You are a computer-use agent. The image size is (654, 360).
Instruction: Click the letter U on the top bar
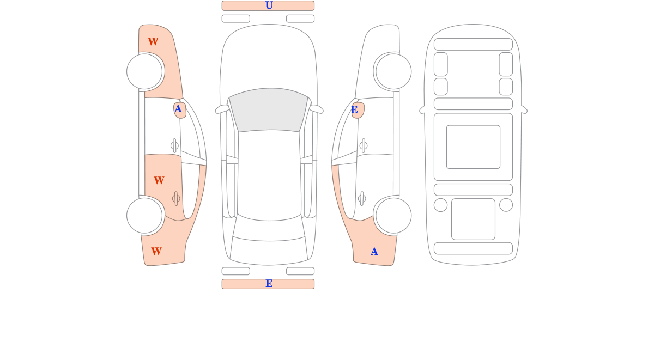pyautogui.click(x=269, y=5)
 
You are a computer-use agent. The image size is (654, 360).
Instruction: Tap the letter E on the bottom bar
pyautogui.click(x=269, y=284)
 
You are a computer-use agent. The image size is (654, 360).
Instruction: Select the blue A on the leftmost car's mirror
pyautogui.click(x=178, y=109)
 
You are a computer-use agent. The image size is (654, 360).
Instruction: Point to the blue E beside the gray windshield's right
pyautogui.click(x=354, y=110)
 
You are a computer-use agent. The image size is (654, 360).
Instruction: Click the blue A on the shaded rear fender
pyautogui.click(x=374, y=252)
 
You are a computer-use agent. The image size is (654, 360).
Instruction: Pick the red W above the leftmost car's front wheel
pyautogui.click(x=153, y=42)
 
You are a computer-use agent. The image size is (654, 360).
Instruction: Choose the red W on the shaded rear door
pyautogui.click(x=159, y=181)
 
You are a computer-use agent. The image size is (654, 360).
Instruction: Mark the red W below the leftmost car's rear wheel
pyautogui.click(x=156, y=252)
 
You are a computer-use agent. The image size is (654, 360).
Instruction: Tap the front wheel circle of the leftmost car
pyautogui.click(x=144, y=71)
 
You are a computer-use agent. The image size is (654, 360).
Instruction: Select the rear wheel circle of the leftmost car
pyautogui.click(x=144, y=216)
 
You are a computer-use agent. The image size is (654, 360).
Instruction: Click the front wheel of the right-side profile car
pyautogui.click(x=393, y=71)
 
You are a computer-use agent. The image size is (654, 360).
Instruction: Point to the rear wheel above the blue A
pyautogui.click(x=393, y=216)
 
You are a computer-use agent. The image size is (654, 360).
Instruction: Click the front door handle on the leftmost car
pyautogui.click(x=174, y=145)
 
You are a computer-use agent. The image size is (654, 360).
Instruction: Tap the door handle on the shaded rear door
pyautogui.click(x=176, y=199)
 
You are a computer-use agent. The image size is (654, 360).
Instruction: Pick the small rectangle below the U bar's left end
pyautogui.click(x=236, y=19)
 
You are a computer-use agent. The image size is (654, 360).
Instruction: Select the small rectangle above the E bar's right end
pyautogui.click(x=300, y=271)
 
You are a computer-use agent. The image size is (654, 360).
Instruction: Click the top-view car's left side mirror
pyautogui.click(x=222, y=109)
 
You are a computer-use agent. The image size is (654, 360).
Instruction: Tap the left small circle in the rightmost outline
pyautogui.click(x=440, y=205)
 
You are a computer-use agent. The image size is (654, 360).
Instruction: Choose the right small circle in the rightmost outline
pyautogui.click(x=506, y=205)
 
